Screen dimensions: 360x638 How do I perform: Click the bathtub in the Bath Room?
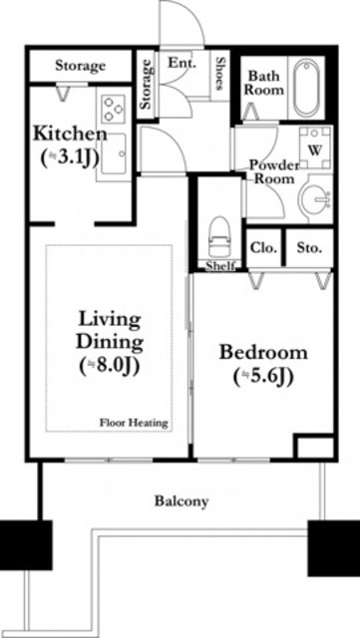coord(306,88)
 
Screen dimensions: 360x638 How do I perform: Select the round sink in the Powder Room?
coord(313,199)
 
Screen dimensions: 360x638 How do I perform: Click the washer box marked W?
coord(315,148)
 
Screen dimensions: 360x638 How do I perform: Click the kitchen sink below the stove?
coord(114,155)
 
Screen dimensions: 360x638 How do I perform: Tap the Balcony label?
coord(181,501)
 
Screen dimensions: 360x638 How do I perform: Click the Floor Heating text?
coord(134,423)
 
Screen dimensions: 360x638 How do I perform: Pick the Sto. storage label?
coord(309,248)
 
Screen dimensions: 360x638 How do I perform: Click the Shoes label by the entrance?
coord(220,73)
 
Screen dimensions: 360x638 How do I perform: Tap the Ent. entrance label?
coord(182,63)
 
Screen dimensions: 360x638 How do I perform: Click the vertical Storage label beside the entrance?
coord(146,84)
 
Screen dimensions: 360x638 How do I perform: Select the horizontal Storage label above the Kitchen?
coord(80,66)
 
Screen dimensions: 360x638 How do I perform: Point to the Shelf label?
coord(220,266)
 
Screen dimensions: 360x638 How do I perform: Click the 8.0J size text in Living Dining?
coord(110,366)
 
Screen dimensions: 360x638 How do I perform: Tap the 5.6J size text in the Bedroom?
coord(263,378)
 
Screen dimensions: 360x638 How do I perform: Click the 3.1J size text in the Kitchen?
coord(70,158)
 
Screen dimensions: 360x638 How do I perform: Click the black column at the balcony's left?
coord(26,545)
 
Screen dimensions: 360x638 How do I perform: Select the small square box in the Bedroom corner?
coord(313,447)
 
